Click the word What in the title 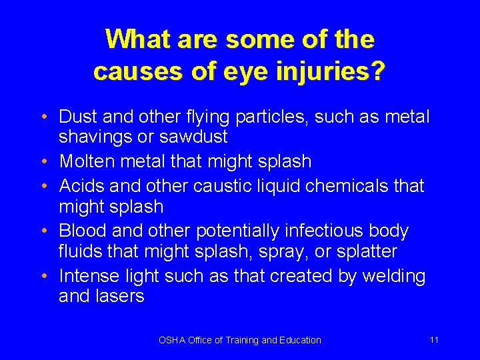point(137,39)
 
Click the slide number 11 point(434,339)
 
